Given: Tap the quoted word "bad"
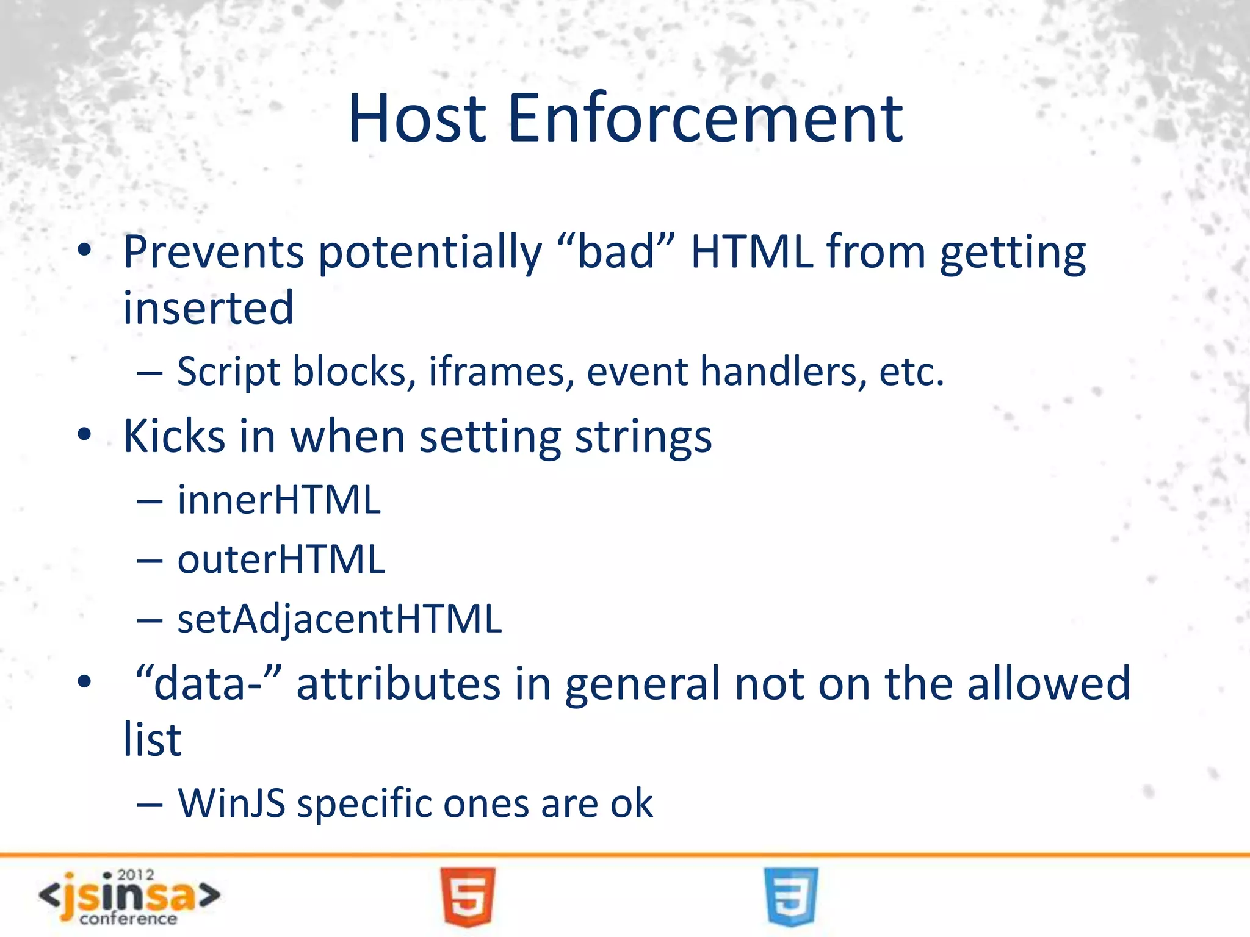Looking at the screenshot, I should click(x=616, y=251).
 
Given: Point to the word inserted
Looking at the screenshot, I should click(x=208, y=308).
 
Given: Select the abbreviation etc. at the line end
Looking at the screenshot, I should click(x=911, y=372).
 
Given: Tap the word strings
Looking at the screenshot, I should click(x=643, y=438).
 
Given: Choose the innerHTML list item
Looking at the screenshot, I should click(x=279, y=500).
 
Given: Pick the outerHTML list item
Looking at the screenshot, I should click(x=281, y=559).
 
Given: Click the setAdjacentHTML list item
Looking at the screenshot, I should click(x=339, y=619).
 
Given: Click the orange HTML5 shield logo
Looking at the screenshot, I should click(x=468, y=897).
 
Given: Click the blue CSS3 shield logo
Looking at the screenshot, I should click(x=790, y=897).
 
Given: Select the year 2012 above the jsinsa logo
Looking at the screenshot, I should click(x=135, y=875).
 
